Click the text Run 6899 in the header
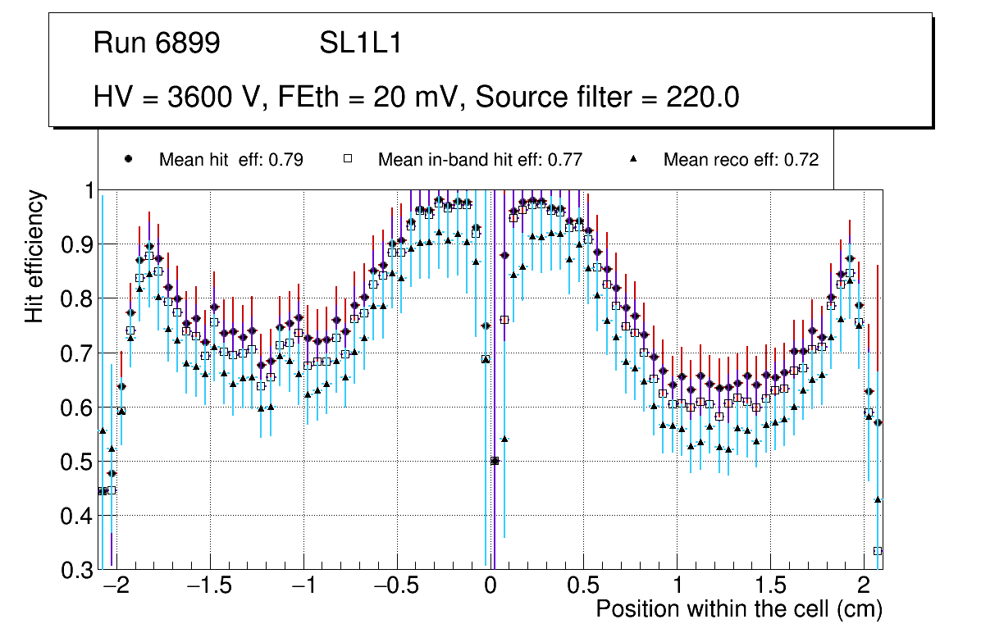[x=157, y=43]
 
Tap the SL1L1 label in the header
[x=360, y=43]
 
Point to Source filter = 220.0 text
[x=607, y=98]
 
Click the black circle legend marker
[x=128, y=159]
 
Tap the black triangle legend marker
[x=633, y=159]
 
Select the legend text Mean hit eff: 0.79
[x=230, y=160]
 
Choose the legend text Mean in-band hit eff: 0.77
[x=480, y=160]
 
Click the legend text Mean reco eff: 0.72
[x=741, y=160]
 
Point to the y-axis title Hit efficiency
[x=35, y=256]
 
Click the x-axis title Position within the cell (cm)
[x=738, y=609]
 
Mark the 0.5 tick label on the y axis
[x=76, y=462]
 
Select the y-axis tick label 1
[x=86, y=190]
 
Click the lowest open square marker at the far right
[x=878, y=551]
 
